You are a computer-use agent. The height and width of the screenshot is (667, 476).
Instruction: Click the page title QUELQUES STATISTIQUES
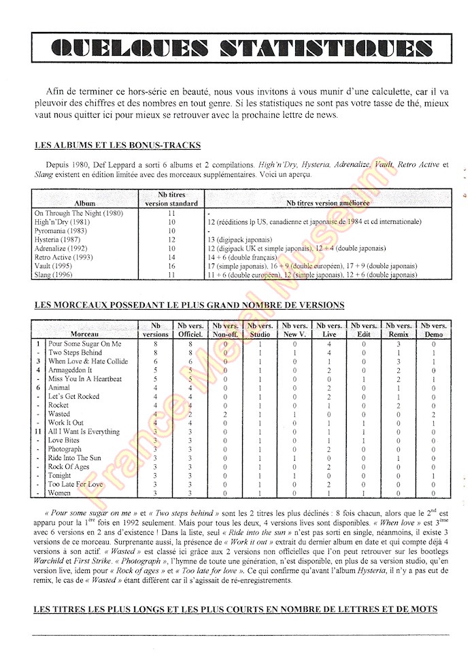click(x=241, y=49)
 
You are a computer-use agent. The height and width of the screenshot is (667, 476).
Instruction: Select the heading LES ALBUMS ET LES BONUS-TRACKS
click(x=116, y=146)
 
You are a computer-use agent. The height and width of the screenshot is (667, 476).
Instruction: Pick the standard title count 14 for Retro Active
click(x=171, y=257)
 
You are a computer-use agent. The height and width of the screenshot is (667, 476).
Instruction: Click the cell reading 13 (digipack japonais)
click(x=239, y=240)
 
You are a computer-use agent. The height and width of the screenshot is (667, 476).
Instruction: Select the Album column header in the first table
click(x=85, y=203)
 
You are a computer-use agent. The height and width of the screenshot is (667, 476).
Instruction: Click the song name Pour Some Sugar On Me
click(x=84, y=344)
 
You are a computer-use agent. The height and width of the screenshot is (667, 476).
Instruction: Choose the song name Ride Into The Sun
click(x=74, y=458)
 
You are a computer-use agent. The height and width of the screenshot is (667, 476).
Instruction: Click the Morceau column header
click(x=85, y=334)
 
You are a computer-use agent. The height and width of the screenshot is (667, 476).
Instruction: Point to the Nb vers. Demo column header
click(x=434, y=330)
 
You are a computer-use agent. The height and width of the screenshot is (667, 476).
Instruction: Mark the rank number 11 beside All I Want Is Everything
click(x=39, y=432)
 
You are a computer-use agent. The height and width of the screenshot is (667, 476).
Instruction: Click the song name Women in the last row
click(x=59, y=493)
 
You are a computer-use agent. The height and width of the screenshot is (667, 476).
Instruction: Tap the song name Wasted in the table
click(x=59, y=414)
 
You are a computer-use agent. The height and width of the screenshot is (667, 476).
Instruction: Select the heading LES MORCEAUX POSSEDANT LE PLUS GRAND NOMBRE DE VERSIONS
click(x=189, y=305)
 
